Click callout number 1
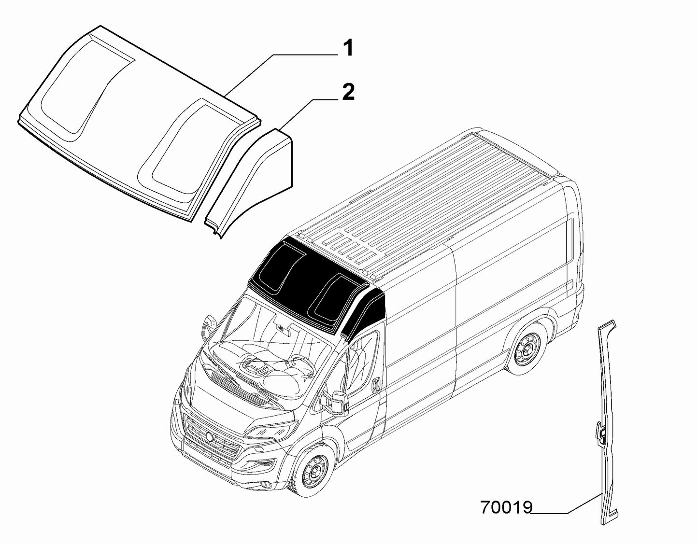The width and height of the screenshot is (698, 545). click(x=347, y=49)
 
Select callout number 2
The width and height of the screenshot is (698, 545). click(x=348, y=93)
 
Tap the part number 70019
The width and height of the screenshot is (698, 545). click(x=506, y=508)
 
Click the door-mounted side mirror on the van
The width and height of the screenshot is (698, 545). click(x=336, y=403)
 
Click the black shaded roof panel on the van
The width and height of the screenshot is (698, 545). click(x=309, y=285)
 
